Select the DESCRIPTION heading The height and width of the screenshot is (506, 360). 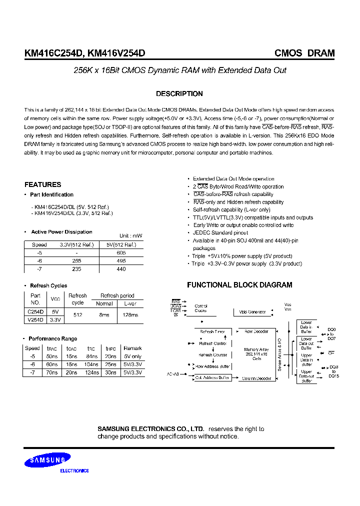coord(179,94)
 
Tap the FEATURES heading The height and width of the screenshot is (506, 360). coord(43,184)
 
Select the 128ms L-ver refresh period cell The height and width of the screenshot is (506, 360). coord(130,315)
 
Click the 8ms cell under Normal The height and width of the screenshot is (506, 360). coord(104,315)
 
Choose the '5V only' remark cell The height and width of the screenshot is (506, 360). coord(132,356)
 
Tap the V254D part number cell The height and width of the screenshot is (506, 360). coord(35,319)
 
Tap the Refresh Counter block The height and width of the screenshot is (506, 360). coord(213,355)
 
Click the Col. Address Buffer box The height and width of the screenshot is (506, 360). coord(213,378)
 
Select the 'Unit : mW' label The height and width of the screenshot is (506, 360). coord(131,236)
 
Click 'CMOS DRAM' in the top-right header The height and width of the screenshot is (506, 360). coord(304,53)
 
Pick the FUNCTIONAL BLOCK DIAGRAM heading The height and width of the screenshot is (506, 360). coord(239,285)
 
